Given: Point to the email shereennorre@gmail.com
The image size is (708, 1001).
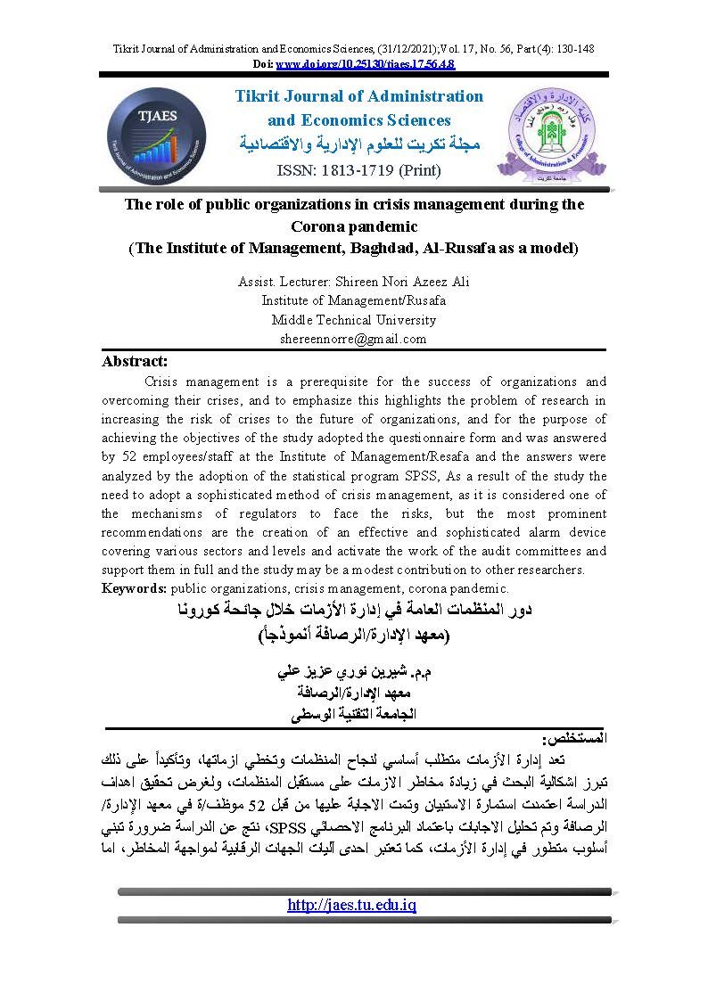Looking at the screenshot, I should point(353,339).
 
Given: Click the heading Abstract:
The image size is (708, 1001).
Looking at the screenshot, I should point(135,361).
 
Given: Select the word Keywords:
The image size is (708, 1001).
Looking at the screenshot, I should point(135,588).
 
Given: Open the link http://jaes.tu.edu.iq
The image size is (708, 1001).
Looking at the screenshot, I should point(352,906).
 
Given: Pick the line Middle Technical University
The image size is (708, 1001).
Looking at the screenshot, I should point(354,320).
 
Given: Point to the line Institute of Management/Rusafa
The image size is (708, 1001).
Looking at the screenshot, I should point(354,300).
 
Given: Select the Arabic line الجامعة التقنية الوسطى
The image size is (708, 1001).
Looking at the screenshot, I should point(354,713).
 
